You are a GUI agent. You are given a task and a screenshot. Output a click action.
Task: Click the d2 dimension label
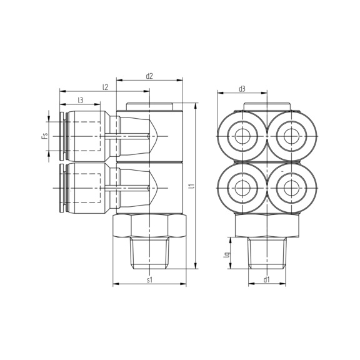[x=149, y=76]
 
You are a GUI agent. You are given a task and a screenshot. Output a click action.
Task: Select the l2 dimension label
[x=106, y=88]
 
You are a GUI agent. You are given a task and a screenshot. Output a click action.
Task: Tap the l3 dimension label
[x=81, y=100]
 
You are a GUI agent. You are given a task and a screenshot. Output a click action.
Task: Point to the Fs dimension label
[x=44, y=136]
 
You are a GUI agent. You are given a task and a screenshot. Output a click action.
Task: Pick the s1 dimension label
[x=149, y=281]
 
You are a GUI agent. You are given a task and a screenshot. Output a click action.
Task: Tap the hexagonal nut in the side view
[x=149, y=226]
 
